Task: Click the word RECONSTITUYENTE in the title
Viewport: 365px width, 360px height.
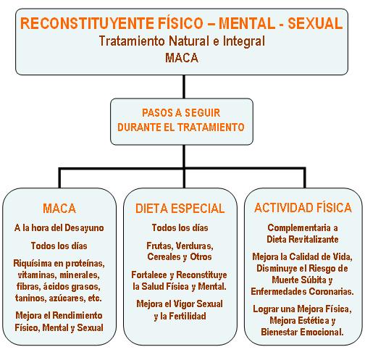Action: [88, 23]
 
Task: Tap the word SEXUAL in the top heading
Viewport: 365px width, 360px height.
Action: [315, 23]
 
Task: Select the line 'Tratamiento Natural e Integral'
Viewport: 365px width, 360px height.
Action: [182, 41]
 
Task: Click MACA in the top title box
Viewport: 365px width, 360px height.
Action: [182, 58]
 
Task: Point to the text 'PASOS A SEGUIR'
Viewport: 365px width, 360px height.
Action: [181, 113]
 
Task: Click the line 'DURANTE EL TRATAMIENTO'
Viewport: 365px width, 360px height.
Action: [181, 127]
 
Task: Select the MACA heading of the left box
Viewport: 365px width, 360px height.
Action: [59, 209]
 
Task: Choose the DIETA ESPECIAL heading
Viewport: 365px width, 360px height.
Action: [180, 209]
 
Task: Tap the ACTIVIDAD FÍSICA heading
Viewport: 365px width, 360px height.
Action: [303, 208]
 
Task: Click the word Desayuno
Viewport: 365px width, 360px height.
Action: [84, 228]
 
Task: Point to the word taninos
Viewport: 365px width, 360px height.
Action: [30, 298]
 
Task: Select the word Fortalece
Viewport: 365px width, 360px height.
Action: [149, 275]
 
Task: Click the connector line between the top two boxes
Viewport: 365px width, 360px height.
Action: [184, 87]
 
